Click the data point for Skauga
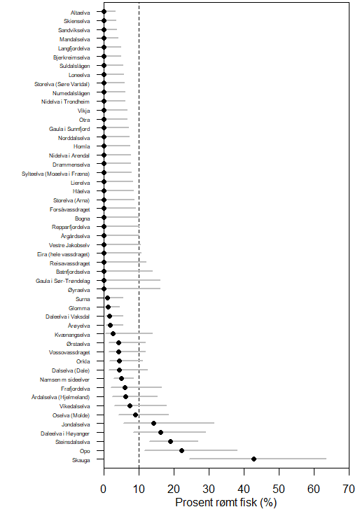click(x=254, y=459)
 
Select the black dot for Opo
click(x=181, y=450)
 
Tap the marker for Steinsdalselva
click(x=170, y=441)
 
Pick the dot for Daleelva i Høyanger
click(x=160, y=432)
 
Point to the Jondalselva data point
click(x=153, y=423)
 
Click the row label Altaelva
click(x=80, y=13)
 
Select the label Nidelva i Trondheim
click(x=65, y=102)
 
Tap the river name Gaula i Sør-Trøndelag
click(x=62, y=281)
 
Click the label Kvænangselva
click(x=72, y=335)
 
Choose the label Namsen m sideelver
click(x=64, y=380)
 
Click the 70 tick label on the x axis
click(x=349, y=489)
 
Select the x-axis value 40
click(x=244, y=489)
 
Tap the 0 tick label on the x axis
click(x=104, y=489)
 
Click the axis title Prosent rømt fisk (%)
click(x=226, y=502)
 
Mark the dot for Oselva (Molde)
click(x=135, y=415)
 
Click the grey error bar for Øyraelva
click(x=132, y=289)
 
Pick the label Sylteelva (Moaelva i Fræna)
click(x=56, y=174)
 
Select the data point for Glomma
click(x=108, y=307)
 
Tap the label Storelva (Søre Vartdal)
click(x=62, y=84)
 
